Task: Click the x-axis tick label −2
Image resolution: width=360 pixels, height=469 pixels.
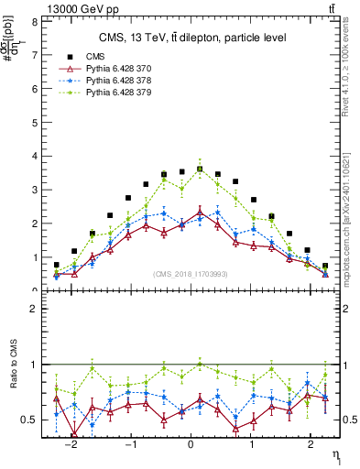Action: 71,443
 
